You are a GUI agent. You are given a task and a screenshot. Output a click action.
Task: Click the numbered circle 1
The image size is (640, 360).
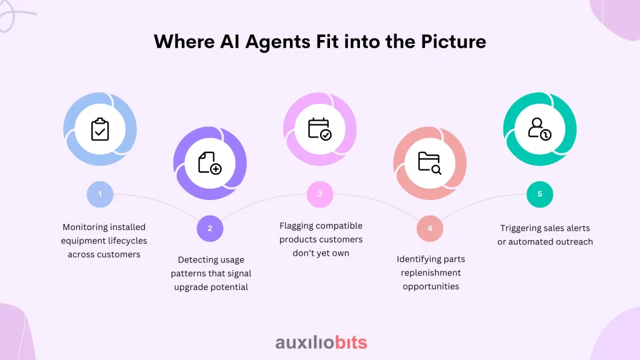pos(100,194)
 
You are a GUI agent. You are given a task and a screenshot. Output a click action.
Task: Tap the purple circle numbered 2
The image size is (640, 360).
pos(210,228)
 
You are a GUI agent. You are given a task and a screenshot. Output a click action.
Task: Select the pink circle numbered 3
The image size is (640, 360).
pos(320,194)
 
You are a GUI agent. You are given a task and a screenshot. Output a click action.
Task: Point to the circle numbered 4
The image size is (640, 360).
pos(430,228)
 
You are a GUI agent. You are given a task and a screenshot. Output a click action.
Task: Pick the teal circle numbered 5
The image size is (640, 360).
pos(540,194)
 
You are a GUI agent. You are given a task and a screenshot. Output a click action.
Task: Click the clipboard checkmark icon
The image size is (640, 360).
pos(100,129)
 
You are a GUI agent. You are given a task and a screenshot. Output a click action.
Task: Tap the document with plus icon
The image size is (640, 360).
pos(210,163)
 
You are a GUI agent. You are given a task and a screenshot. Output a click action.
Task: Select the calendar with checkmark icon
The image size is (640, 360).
pos(320,129)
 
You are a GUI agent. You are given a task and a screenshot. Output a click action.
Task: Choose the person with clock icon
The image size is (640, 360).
pos(539,129)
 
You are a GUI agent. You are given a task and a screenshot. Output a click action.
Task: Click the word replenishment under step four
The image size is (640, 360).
pos(431,272)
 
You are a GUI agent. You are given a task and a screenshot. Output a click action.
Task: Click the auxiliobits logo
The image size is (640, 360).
pos(321,342)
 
